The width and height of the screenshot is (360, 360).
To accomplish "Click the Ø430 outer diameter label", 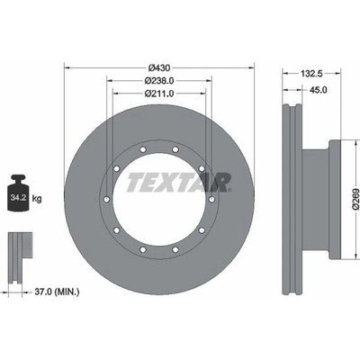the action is coord(159,67).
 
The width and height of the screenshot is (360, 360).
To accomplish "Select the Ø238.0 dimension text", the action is coord(159,81).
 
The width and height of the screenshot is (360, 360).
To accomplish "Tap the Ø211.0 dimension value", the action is coord(159,94).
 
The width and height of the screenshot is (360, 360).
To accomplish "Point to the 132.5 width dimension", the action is coord(311,74).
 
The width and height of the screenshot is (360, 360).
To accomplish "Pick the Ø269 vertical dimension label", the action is coord(355,199).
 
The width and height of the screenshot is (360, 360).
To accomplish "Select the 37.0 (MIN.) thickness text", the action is coord(57,291).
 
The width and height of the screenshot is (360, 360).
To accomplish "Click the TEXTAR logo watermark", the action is coord(179,182).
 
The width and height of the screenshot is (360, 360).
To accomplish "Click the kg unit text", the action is coord(37,198).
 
